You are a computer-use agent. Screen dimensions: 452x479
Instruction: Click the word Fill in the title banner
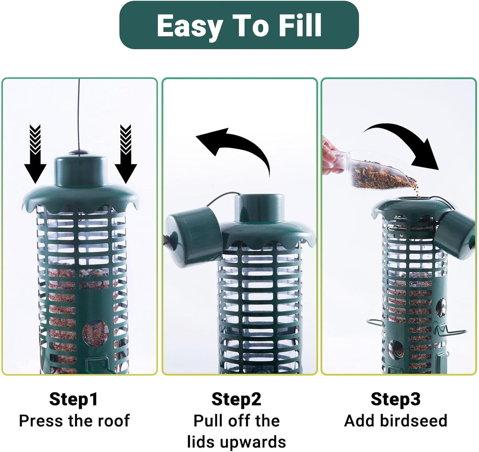300,25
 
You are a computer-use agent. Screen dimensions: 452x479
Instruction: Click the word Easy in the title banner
189,25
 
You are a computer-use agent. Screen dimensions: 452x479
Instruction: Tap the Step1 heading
74,399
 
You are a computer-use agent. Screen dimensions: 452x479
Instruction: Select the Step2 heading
236,399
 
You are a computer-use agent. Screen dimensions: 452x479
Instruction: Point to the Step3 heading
395,399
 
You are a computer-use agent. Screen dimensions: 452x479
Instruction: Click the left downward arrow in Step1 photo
35,154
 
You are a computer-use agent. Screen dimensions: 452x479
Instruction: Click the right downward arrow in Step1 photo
126,154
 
